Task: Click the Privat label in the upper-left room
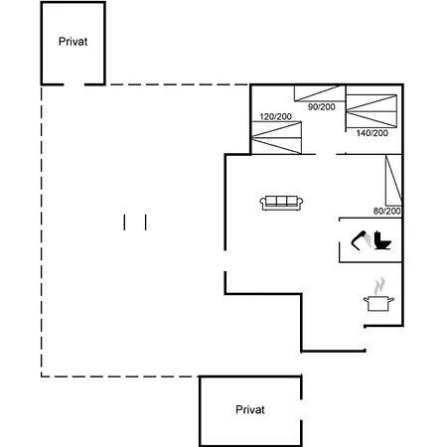73,42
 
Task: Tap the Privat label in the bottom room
250,409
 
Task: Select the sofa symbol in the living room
281,203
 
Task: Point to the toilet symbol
382,240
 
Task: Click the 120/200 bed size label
275,116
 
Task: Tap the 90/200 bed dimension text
322,107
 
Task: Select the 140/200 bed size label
372,133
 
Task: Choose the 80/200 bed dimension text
387,211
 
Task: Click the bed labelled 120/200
276,137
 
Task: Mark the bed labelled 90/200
320,93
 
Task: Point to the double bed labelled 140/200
372,111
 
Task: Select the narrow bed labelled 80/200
393,180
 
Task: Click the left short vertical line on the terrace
124,223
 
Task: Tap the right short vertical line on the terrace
146,223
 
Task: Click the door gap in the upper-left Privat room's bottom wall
74,84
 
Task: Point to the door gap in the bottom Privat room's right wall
301,410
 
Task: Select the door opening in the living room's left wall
225,261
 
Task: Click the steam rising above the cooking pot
379,286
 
